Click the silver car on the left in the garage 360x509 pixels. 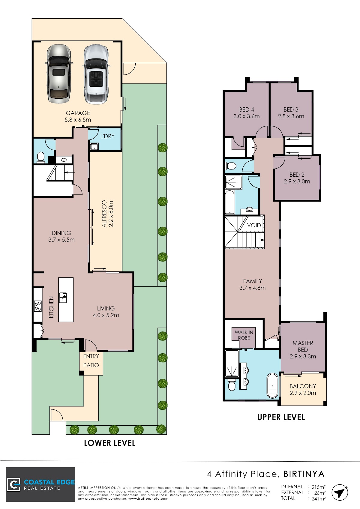pos(59,74)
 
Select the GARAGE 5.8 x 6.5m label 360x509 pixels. pos(78,116)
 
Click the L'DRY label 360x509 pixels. pos(107,136)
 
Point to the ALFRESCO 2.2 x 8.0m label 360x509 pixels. pos(108,214)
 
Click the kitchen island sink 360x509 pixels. pos(63,298)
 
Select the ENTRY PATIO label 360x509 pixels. pos(91,361)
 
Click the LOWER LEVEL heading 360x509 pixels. pos(110,443)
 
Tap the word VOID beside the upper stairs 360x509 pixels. pos(254,225)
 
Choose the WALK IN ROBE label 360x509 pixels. pos(244,335)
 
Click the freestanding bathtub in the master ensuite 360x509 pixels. pos(272,386)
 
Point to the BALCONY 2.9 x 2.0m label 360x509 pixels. pos(303,390)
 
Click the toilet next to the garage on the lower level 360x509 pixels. pos(41,157)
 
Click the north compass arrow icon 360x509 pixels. pos(340,493)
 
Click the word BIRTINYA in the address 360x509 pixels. pos(304,474)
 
